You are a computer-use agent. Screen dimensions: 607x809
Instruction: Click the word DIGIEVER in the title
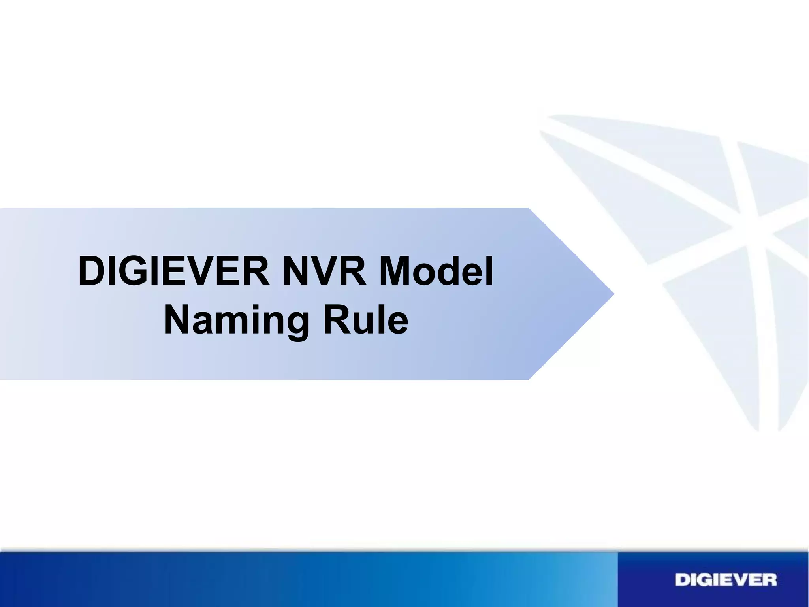(x=174, y=272)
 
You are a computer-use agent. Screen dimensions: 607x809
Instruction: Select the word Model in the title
(x=436, y=272)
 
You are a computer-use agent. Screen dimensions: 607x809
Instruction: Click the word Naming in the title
(x=236, y=322)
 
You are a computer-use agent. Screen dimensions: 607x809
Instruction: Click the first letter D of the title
(x=92, y=272)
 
